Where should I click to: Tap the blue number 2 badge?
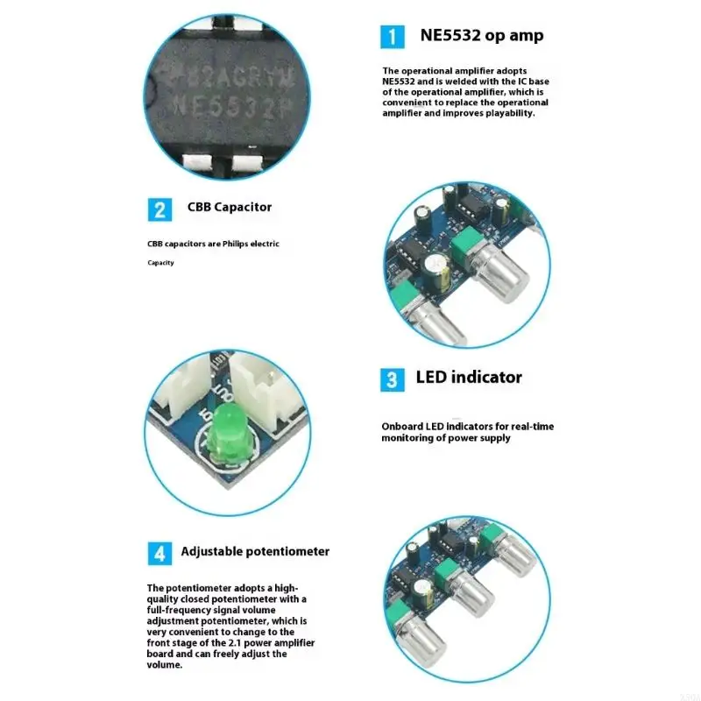pos(159,209)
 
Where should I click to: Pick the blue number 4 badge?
pos(159,553)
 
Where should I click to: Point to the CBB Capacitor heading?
pos(230,208)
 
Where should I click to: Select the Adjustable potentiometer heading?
pos(255,551)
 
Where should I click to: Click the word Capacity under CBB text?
pos(160,263)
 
